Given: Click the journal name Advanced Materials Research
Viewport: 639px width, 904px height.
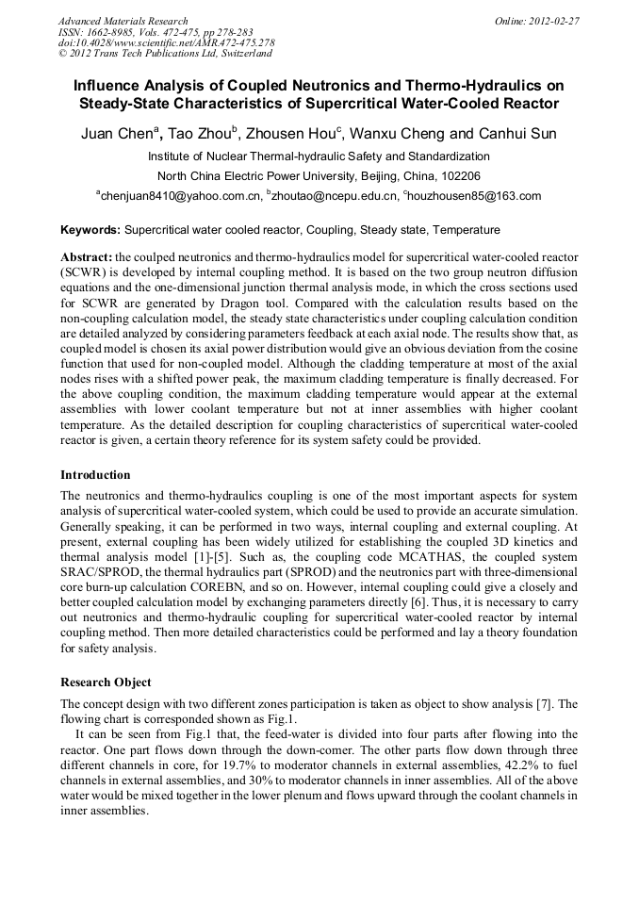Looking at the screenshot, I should [x=123, y=21].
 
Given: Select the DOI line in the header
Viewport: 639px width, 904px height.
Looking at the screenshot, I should [x=167, y=42].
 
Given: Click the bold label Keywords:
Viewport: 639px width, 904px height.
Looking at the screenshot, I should [x=90, y=230].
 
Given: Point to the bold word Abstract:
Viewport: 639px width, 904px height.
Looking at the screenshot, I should [x=86, y=257].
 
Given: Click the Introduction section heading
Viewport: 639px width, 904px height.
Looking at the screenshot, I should [x=95, y=475].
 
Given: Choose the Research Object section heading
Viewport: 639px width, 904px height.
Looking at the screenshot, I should [x=106, y=682].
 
